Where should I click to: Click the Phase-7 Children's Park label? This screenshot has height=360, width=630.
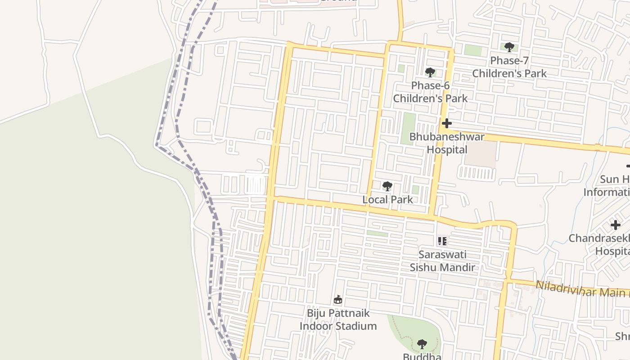click(509, 67)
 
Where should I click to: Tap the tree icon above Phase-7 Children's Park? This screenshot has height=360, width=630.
click(509, 47)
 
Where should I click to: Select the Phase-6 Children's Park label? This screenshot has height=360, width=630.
click(430, 92)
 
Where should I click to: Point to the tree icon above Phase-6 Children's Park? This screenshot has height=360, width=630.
click(430, 72)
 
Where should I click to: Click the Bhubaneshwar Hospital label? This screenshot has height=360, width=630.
click(447, 143)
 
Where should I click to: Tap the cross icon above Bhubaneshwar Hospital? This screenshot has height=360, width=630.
click(447, 123)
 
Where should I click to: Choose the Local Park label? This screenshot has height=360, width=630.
click(387, 199)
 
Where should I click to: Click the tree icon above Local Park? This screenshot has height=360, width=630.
click(387, 186)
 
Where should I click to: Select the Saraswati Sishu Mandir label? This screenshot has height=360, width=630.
click(442, 261)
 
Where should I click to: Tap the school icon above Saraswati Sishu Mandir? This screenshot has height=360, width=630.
click(442, 241)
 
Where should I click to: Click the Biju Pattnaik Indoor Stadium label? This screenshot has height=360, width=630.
click(338, 319)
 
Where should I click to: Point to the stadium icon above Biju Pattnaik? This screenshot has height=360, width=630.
click(338, 300)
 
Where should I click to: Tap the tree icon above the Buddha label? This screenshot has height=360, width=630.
click(422, 345)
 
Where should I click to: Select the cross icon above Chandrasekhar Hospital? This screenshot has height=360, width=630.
click(615, 225)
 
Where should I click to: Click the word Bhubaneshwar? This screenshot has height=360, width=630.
click(447, 137)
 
